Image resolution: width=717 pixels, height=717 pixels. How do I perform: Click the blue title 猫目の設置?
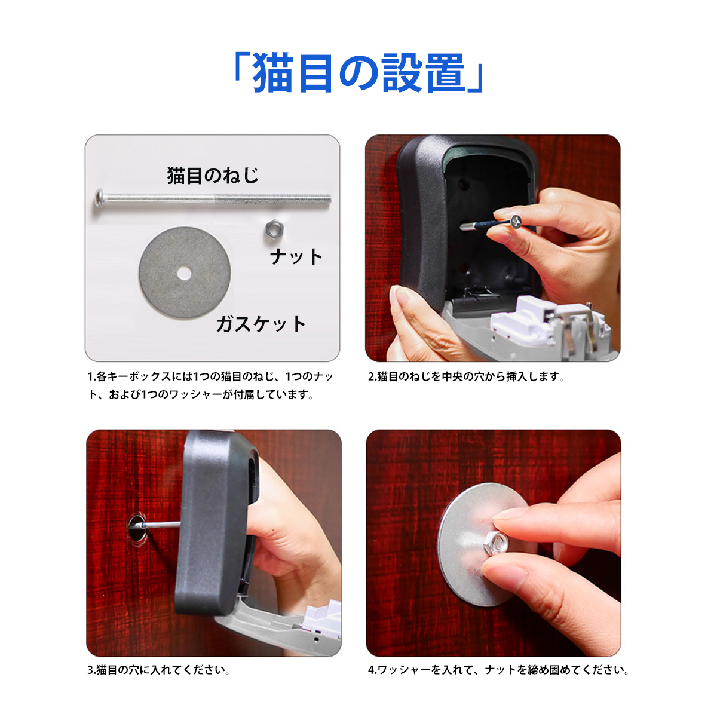coord(358,73)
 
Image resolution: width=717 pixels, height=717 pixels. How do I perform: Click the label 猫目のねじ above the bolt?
coord(213,176)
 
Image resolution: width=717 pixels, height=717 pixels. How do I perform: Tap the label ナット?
coord(296,257)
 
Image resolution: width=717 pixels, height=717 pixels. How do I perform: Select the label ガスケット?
coord(261,324)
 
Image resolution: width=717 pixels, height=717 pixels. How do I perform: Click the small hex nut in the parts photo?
coord(274,229)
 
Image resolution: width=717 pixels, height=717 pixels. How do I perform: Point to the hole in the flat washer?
coord(184,274)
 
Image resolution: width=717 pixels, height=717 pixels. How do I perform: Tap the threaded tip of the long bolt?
coord(327,199)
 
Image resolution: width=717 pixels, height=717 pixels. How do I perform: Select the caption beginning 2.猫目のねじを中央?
coord(466,377)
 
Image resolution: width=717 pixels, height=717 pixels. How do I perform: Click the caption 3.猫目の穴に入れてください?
coord(158,670)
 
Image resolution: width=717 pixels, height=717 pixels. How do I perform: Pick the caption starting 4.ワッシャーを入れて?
coord(498,670)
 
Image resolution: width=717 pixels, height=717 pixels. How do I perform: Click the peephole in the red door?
coord(137,527)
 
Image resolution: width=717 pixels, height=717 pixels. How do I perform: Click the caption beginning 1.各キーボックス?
coord(210,385)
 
